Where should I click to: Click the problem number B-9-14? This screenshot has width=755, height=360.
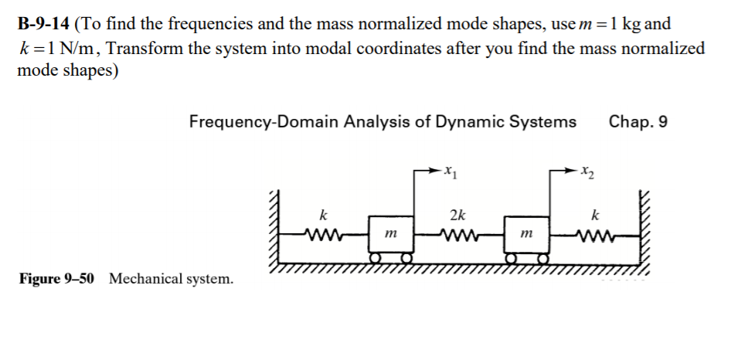tap(43, 22)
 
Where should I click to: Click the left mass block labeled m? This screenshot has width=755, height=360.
tap(390, 233)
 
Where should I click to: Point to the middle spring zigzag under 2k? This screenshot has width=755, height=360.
tap(457, 233)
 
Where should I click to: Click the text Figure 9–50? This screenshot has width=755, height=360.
tap(56, 279)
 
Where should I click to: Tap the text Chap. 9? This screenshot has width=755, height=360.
tap(638, 122)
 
